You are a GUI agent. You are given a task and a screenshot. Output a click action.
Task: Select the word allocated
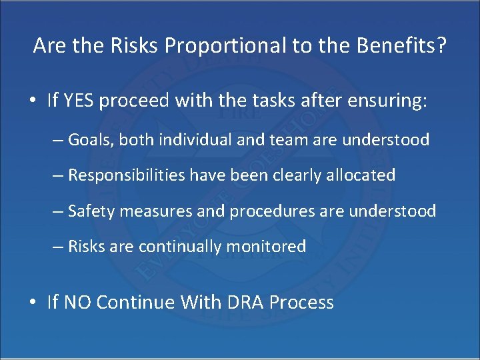click(x=361, y=175)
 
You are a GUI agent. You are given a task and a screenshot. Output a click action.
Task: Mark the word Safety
click(x=91, y=211)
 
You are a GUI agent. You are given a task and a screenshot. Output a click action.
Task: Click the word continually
click(x=181, y=247)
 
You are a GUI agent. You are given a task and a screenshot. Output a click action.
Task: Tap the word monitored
click(x=267, y=247)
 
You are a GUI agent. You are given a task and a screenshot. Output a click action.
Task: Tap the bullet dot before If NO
click(x=33, y=303)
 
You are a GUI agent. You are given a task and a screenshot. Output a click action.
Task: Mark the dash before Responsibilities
click(x=57, y=175)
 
